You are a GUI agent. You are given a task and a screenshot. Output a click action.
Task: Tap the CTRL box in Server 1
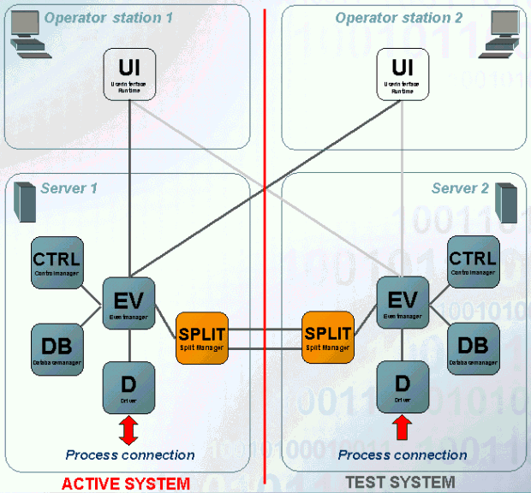coord(57,263)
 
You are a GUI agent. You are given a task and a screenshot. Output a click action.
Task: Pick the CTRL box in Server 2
coord(473,263)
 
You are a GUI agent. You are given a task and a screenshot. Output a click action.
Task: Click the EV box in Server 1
coord(128,304)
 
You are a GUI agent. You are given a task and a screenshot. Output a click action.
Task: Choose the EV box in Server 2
coord(403,304)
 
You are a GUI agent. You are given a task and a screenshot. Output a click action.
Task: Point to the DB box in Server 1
coord(57,350)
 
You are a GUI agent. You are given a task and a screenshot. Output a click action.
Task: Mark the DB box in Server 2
coord(473,350)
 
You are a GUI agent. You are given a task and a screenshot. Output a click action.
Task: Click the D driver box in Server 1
coord(128,387)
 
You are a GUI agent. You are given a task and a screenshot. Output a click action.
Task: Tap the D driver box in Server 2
coord(403,387)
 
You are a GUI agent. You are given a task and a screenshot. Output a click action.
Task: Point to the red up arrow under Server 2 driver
coord(403,426)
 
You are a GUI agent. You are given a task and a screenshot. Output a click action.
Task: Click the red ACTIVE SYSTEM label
coord(126,484)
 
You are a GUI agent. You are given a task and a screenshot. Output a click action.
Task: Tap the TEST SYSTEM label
coord(400,483)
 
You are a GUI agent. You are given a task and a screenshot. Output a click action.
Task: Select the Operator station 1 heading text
coord(109,18)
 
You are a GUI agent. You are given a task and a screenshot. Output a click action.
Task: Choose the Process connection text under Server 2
coord(403,455)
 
